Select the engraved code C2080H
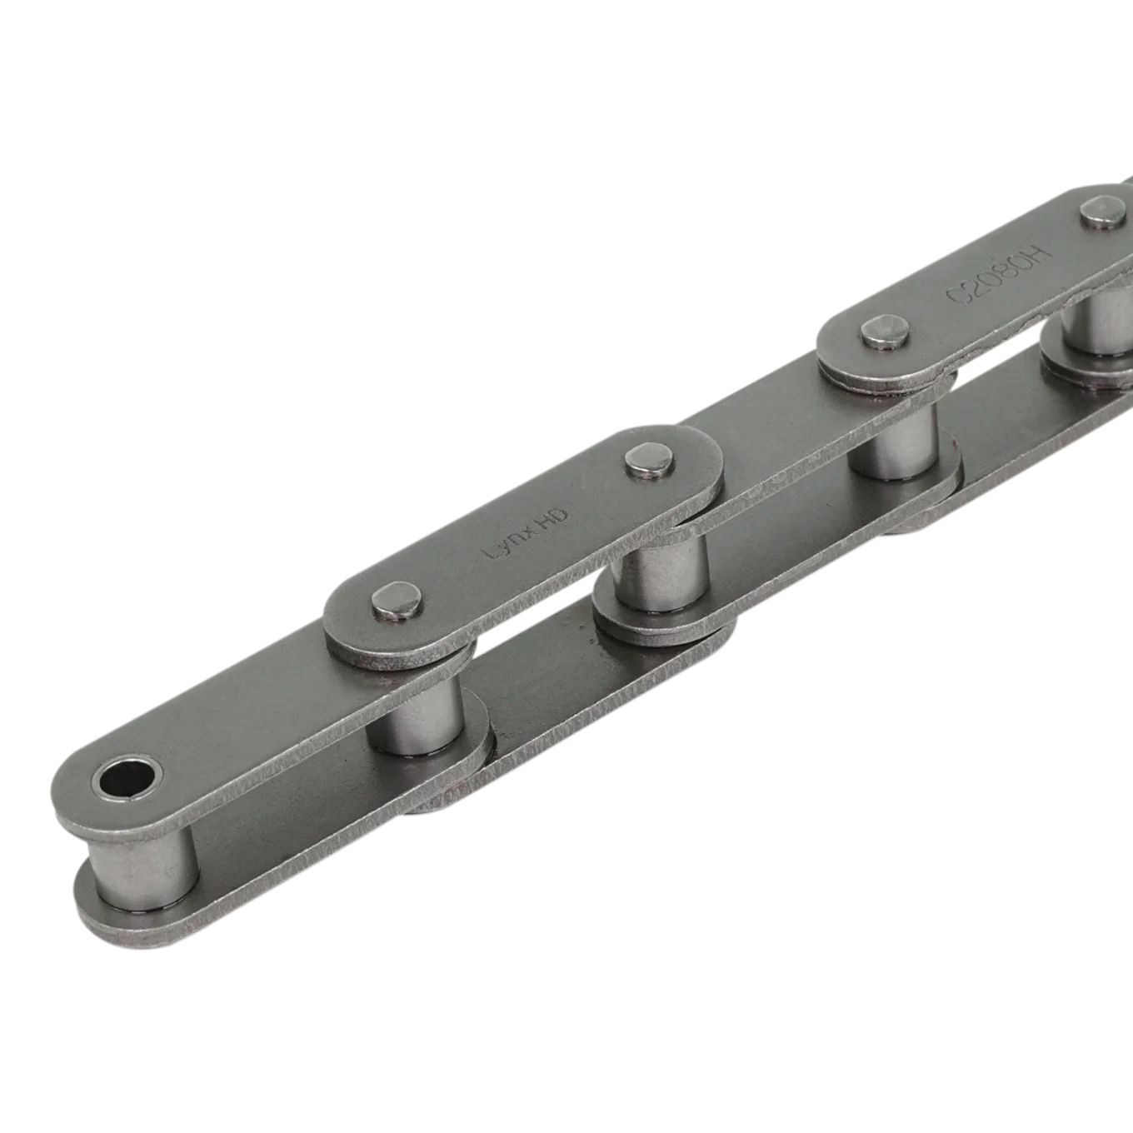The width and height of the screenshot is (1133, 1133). pyautogui.click(x=996, y=274)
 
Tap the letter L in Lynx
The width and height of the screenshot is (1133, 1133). pyautogui.click(x=487, y=552)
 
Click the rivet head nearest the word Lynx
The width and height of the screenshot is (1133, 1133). pyautogui.click(x=397, y=601)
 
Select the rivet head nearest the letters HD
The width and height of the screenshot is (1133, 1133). pyautogui.click(x=649, y=458)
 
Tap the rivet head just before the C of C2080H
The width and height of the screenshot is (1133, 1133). pyautogui.click(x=886, y=335)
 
